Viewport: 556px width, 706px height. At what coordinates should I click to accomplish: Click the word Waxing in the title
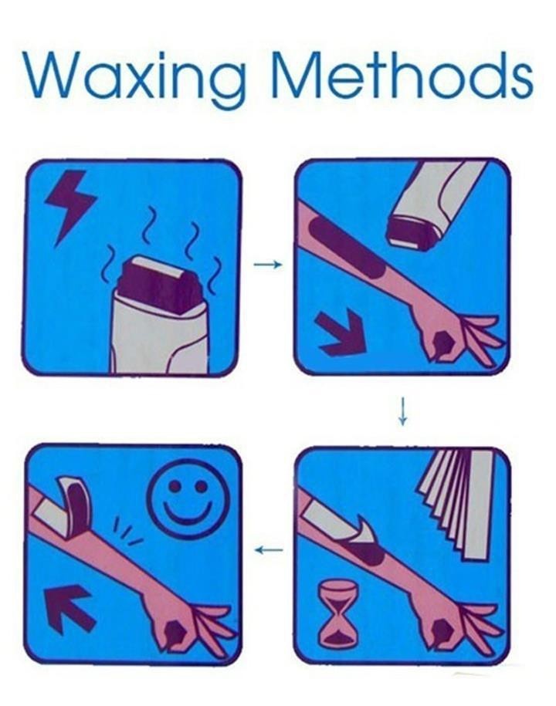tap(136, 79)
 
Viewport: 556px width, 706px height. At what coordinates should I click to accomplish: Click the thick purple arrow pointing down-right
tap(342, 333)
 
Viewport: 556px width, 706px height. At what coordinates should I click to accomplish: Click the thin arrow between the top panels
tap(268, 265)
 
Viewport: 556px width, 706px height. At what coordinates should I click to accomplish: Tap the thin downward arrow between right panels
tap(403, 410)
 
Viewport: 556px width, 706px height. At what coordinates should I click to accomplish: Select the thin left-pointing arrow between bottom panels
tap(269, 549)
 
